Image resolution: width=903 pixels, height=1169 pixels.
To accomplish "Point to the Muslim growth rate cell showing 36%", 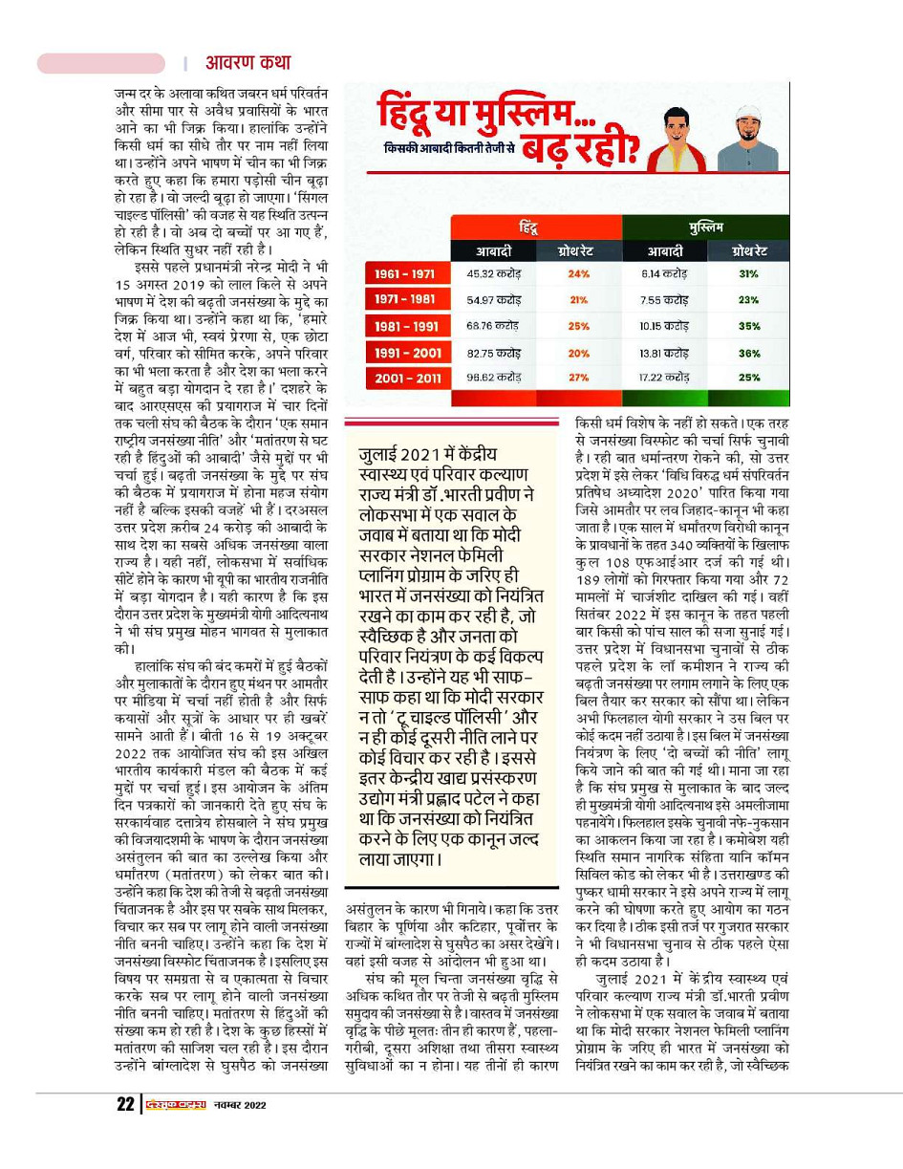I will (x=748, y=353).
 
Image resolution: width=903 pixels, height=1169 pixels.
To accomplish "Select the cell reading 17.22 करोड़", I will (x=662, y=379).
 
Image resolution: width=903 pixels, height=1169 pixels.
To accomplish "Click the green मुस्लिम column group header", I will (x=704, y=227).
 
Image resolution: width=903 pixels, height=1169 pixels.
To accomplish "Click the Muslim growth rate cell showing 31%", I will (x=748, y=274).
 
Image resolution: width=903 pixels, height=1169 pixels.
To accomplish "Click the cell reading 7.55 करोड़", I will (x=662, y=300).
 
